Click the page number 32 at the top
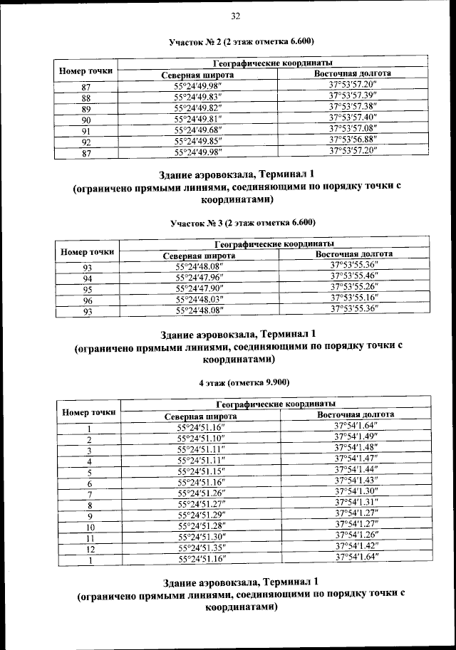[x=235, y=16]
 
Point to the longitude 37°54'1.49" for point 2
[x=356, y=436]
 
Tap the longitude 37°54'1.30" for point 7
[x=356, y=491]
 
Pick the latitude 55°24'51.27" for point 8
[x=201, y=504]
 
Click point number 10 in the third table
[x=90, y=527]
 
